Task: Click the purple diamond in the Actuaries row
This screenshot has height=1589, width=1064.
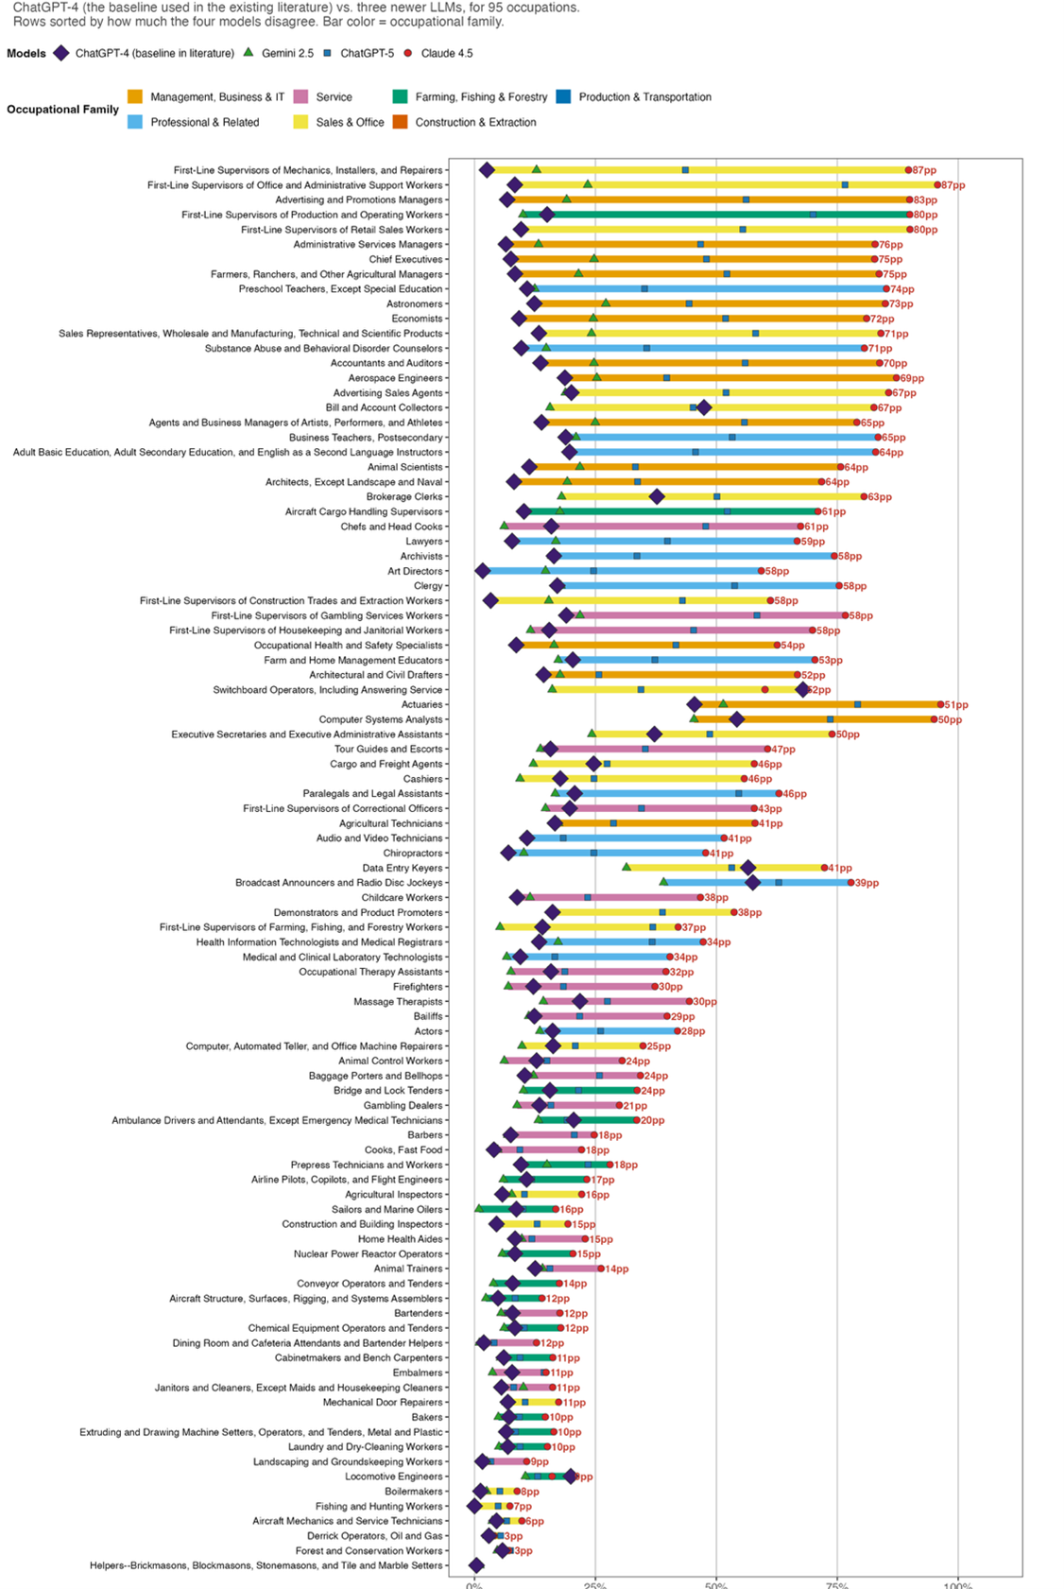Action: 695,704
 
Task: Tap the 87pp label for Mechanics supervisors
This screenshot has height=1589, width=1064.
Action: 925,170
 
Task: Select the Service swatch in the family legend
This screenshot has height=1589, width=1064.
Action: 301,96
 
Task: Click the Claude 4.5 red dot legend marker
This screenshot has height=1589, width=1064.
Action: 408,54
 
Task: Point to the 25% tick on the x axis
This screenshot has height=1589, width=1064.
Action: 595,1584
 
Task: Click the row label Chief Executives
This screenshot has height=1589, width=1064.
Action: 405,259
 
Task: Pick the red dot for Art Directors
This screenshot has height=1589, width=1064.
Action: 762,571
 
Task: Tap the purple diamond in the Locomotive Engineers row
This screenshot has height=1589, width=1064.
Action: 570,1476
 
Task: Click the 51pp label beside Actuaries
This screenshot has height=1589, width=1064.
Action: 956,704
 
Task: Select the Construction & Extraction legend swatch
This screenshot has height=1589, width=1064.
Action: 400,122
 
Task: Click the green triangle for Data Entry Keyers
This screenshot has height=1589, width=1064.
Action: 626,867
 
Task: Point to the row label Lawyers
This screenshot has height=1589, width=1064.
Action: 423,542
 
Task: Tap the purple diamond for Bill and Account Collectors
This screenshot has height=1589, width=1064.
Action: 703,407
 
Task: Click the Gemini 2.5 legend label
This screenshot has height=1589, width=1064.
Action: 287,54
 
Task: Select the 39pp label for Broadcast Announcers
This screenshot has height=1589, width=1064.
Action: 867,883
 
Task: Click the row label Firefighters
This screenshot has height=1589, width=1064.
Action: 417,987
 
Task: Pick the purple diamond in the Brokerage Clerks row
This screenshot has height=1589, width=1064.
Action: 657,496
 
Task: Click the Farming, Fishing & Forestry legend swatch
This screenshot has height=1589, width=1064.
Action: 400,96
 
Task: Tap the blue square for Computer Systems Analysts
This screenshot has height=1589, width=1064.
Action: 831,719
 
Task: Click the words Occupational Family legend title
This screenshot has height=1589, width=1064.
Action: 62,110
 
